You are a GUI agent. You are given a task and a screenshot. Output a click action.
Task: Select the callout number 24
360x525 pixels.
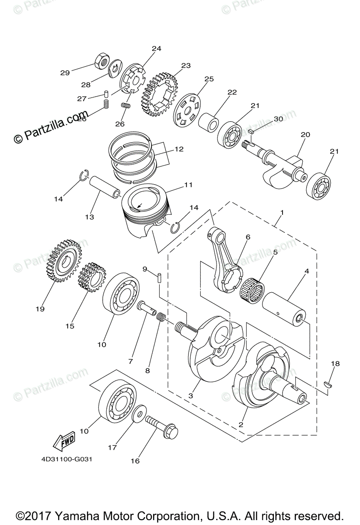pyautogui.click(x=156, y=49)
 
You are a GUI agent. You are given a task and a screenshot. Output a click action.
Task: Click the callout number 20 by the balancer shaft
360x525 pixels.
pyautogui.click(x=305, y=135)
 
